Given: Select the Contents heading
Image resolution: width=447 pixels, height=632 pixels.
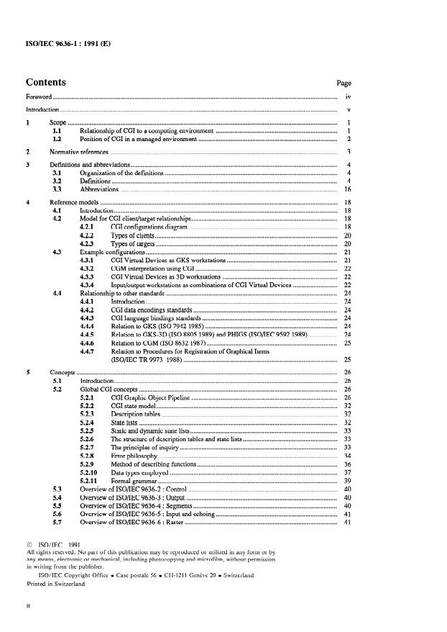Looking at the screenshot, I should [45, 83].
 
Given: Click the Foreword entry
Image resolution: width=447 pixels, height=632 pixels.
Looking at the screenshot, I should [38, 96].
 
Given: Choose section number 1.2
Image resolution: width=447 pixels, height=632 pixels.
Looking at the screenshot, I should [58, 139].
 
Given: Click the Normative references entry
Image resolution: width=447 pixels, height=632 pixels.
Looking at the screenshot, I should [79, 153].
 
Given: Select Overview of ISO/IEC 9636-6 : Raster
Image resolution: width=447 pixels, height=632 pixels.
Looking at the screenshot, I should [132, 522].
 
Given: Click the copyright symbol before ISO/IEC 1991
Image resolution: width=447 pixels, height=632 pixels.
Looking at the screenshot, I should [29, 545].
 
